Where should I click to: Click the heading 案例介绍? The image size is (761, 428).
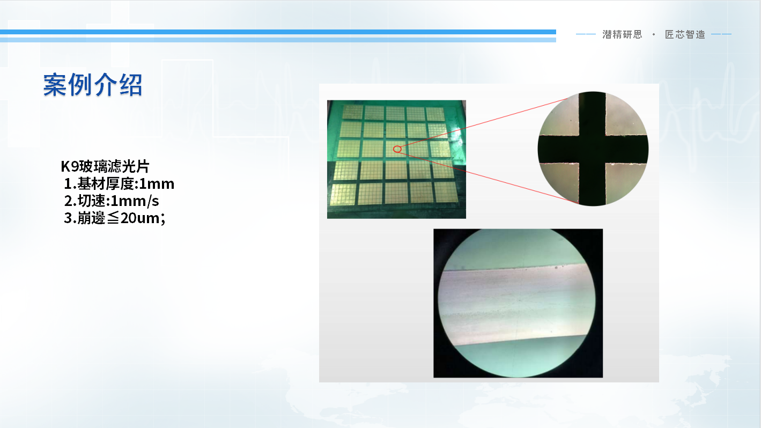point(92,85)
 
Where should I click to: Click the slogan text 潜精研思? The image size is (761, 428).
point(623,34)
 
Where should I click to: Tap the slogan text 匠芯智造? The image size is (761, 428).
point(685,34)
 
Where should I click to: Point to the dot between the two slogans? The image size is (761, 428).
point(654,34)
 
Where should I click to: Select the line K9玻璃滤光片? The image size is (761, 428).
point(105,166)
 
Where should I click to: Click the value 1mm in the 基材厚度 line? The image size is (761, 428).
point(157,184)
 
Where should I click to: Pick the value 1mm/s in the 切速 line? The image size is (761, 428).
point(135,201)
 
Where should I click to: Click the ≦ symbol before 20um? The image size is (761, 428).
point(113,218)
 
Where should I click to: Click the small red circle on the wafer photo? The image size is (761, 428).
point(397,149)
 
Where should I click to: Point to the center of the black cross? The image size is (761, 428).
point(593,150)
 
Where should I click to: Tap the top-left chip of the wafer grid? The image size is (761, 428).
point(352,112)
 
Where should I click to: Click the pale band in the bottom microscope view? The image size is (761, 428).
point(516,303)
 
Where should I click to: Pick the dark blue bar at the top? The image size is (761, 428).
point(278,32)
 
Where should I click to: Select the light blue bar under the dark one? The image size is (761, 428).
point(278,40)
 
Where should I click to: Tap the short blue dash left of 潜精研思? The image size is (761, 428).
point(586,34)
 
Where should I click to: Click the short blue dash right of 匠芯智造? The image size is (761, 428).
point(721,34)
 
